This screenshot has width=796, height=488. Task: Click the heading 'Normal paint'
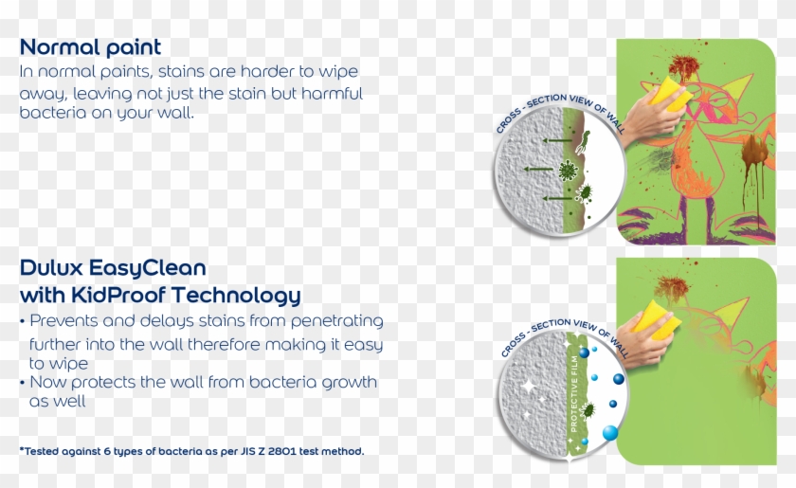[x=90, y=46]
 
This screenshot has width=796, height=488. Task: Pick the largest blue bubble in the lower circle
[x=610, y=433]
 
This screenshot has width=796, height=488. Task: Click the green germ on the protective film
[x=588, y=409]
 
